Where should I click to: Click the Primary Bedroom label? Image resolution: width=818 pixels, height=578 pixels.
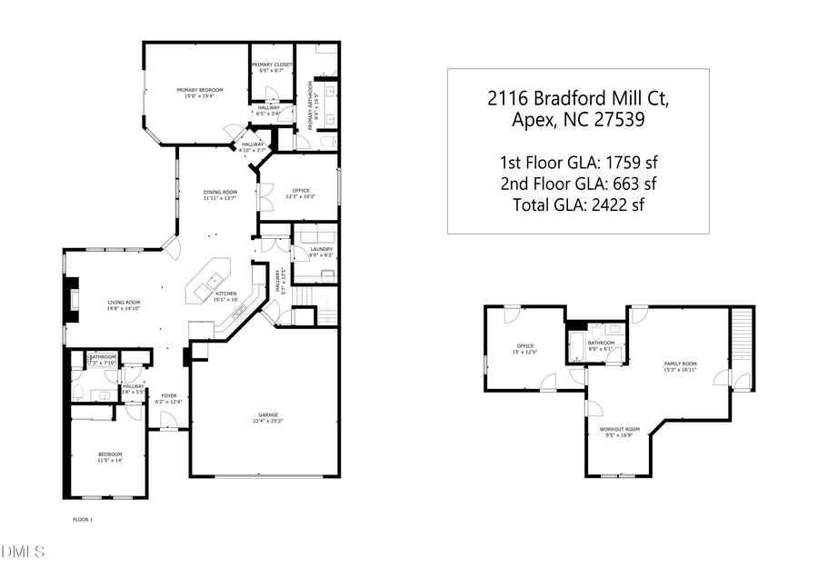click(199, 91)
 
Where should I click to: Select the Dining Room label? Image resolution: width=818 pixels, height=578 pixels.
click(220, 193)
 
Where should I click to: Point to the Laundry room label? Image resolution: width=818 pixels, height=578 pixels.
click(321, 250)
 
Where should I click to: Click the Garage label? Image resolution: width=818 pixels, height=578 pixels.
click(265, 416)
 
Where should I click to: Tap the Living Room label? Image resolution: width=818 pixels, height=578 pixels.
click(124, 304)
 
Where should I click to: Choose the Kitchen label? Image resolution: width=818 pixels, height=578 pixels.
click(225, 294)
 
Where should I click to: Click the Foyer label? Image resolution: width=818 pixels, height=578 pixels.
click(169, 397)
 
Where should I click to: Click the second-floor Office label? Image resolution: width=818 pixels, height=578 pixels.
click(524, 346)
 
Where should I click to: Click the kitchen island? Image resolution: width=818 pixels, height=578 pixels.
click(208, 281)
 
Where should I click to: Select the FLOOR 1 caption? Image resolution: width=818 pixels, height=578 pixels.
click(83, 519)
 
